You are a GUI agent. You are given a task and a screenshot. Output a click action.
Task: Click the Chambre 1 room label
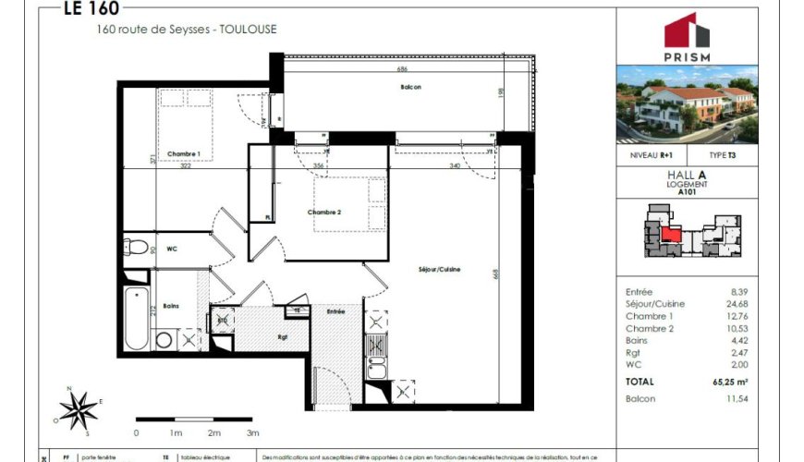point(184,153)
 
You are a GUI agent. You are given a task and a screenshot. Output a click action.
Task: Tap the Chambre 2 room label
point(324,212)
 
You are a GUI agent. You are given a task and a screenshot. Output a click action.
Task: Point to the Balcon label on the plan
point(410,87)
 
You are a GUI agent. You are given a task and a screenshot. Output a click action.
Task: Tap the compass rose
point(79,407)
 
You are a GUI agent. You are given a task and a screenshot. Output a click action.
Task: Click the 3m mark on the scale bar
point(252,432)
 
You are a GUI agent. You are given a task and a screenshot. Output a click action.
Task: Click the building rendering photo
point(687,103)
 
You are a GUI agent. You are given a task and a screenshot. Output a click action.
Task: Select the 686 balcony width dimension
point(402,69)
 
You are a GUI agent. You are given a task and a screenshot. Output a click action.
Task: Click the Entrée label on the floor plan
point(335,311)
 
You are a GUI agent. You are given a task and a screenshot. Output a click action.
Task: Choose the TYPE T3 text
point(723,156)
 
